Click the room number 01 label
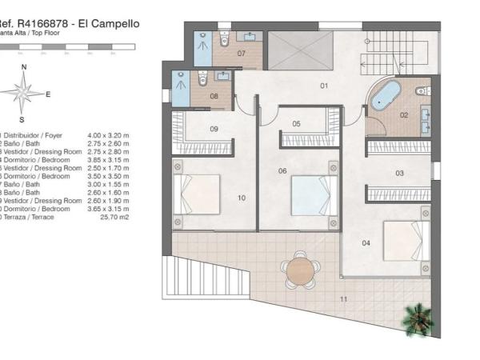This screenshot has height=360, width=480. [325, 85]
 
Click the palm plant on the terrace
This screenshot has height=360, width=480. [417, 318]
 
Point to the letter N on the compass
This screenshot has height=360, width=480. [24, 67]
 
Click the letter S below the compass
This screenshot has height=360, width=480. [22, 120]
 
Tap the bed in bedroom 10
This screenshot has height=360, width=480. [196, 194]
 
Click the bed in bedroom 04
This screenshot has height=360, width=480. [405, 238]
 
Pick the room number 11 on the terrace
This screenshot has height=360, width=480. [343, 299]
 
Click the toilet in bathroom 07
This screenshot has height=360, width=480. [226, 38]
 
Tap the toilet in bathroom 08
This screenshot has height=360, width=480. [202, 78]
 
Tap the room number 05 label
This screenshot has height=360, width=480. [296, 124]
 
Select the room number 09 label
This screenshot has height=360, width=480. [214, 129]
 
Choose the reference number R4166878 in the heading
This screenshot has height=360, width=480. [44, 24]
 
